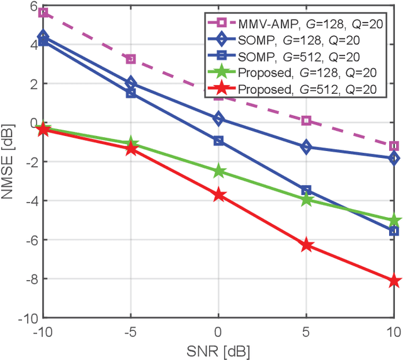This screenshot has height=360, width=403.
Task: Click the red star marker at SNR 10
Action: [x=394, y=281]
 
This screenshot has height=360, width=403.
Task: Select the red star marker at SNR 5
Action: [x=307, y=245]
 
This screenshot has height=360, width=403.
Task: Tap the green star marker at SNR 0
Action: [x=219, y=171]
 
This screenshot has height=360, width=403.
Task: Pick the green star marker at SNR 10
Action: [x=394, y=221]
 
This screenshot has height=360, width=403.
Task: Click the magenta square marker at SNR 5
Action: [x=307, y=120]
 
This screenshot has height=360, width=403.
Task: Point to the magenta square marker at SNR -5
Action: [x=131, y=59]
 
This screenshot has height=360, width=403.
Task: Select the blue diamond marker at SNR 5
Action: [x=307, y=147]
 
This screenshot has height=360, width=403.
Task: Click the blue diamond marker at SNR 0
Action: [x=219, y=118]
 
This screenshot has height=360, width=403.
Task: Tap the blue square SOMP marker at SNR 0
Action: [x=219, y=141]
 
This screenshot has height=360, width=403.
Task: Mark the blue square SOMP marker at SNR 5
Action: [x=307, y=190]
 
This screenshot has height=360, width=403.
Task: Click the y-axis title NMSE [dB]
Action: [x=8, y=160]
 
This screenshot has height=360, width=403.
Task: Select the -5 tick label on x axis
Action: [x=130, y=331]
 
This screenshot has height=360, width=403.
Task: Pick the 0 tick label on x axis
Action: [x=219, y=331]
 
